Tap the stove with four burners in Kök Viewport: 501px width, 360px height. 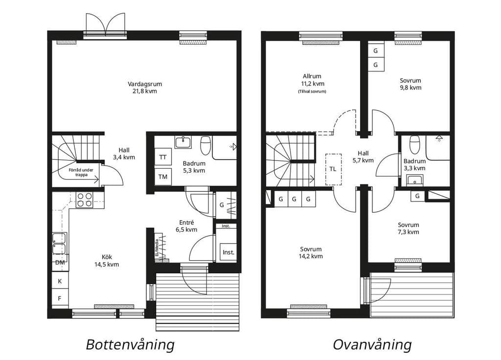coord(85,200)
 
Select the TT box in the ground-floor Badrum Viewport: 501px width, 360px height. coord(163,157)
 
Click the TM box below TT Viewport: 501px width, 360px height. coord(163,176)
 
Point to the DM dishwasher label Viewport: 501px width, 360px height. coord(60,263)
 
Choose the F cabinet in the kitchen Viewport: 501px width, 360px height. coord(60,298)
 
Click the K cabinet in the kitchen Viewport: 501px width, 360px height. coord(60,281)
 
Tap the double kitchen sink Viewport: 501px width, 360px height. coord(59,244)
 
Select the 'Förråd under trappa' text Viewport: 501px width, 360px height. coord(81,173)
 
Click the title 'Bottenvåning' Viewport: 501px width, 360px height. coord(130,345)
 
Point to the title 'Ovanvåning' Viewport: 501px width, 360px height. coord(372,345)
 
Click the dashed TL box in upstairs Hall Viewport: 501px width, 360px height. coord(333,169)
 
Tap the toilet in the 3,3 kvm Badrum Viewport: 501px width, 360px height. coord(415,143)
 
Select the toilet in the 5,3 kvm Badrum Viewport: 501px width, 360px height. coord(206,145)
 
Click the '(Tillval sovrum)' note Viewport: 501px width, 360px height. coord(312,91)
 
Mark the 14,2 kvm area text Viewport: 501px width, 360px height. coord(311,256)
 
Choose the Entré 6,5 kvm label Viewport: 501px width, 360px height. coord(186,226)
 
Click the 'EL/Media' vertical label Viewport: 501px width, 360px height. coord(157,248)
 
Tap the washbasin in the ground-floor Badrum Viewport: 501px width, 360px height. coord(183,142)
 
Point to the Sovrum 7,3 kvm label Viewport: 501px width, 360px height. coord(409,228)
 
